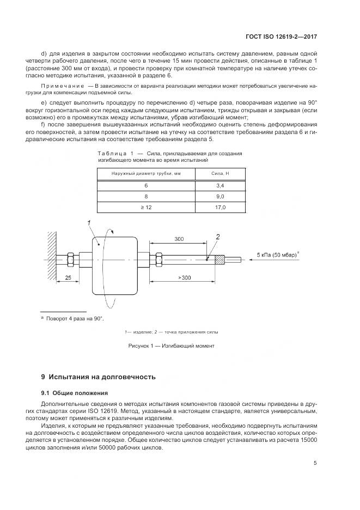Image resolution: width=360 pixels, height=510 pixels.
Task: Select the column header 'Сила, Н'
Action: coord(220,174)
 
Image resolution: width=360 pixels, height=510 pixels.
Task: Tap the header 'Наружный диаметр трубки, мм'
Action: coord(146,174)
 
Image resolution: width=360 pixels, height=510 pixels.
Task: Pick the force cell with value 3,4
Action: coord(220,185)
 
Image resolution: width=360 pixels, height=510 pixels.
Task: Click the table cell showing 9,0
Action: coord(220,196)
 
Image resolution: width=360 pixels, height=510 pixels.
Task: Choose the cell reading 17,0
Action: coord(220,208)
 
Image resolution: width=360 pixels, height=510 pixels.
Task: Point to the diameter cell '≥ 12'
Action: coord(146,208)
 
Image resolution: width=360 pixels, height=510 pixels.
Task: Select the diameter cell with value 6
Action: coord(146,185)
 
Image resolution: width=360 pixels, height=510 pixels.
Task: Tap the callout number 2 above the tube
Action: coord(217,236)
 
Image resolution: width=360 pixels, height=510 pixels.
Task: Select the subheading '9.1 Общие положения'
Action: coord(75,392)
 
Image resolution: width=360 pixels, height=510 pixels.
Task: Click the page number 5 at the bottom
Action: coord(315,463)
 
